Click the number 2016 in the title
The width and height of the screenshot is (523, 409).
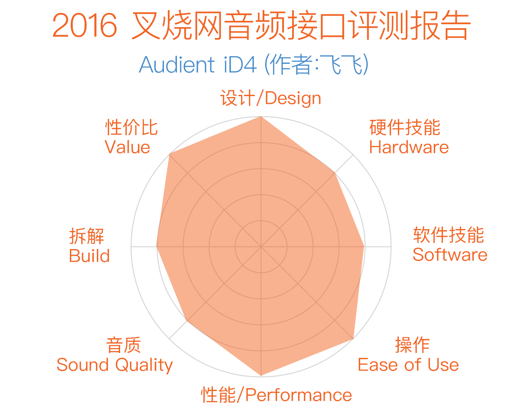point(85,25)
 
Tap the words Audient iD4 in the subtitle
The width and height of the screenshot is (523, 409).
point(198,65)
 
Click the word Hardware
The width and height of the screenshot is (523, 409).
point(409,147)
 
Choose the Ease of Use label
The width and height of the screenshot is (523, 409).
point(409,365)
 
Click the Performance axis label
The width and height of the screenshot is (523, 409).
point(276,395)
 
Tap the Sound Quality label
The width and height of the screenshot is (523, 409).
point(115,365)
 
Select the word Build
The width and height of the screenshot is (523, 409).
point(89,256)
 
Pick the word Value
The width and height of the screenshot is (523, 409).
point(127,147)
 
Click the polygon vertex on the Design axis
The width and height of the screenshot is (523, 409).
point(261,117)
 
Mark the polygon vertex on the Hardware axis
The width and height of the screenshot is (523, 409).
point(335,173)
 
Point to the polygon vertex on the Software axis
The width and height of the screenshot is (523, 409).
point(364,247)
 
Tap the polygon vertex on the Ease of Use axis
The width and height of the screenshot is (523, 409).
point(353,339)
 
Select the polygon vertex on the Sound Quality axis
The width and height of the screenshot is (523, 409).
point(188,320)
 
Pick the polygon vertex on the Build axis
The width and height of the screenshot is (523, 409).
point(156,247)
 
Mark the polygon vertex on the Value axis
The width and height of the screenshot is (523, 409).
point(170,154)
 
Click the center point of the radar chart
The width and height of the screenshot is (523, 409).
point(261,247)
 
